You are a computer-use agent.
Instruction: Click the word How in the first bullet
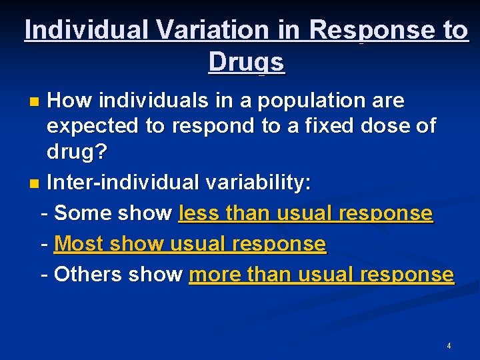pyautogui.click(x=70, y=101)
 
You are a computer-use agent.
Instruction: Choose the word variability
pyautogui.click(x=263, y=182)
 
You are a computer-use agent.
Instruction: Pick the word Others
pyautogui.click(x=87, y=275)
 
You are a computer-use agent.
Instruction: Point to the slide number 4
pyautogui.click(x=449, y=346)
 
